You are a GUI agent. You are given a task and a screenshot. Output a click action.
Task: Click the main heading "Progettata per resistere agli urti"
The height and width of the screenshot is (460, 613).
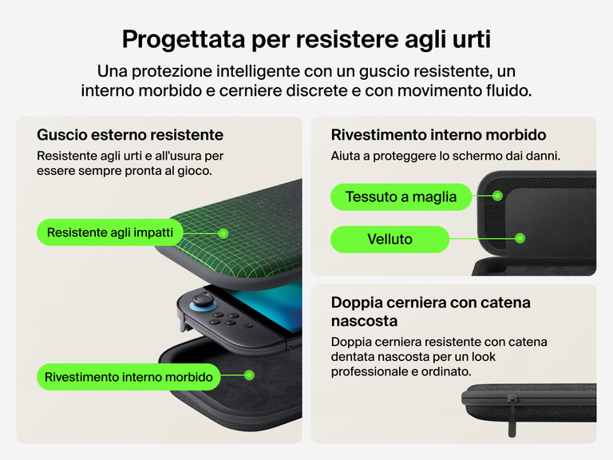click(306, 38)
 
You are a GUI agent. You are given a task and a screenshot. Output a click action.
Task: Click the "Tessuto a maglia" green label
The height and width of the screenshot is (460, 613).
click(401, 196)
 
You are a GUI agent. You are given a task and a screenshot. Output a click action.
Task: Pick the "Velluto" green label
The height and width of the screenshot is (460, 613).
click(390, 238)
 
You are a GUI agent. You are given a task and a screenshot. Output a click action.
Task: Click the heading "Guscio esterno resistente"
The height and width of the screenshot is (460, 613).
click(130, 134)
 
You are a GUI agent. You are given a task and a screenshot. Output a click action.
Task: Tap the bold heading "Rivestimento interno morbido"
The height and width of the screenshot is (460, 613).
click(438, 134)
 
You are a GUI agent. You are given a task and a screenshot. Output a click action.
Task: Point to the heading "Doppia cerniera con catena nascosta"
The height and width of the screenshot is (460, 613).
click(430, 311)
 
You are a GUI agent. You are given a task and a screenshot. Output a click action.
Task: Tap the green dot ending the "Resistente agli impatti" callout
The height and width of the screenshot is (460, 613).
click(223, 233)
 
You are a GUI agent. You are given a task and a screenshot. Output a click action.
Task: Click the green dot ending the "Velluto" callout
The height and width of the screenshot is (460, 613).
click(520, 238)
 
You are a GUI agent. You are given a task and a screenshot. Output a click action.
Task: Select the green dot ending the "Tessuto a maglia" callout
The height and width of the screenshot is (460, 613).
click(497, 196)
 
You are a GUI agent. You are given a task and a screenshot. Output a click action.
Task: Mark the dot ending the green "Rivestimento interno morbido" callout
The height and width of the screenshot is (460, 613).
click(249, 375)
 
